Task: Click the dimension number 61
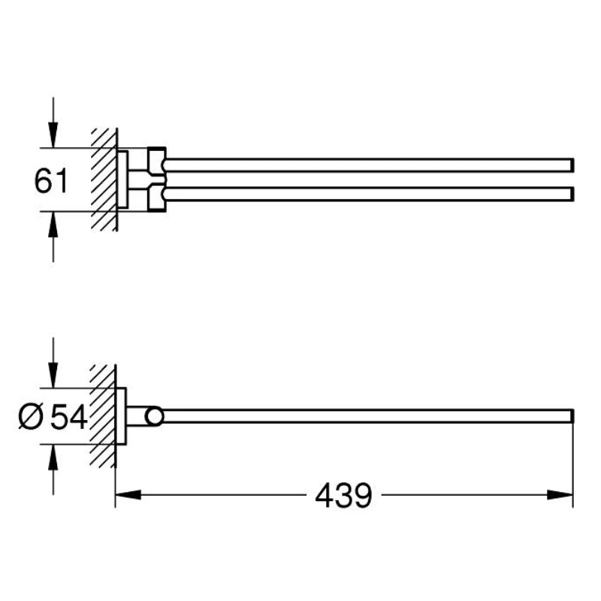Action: [x=51, y=180]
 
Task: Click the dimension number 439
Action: [x=343, y=495]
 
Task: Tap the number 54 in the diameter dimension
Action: [x=69, y=418]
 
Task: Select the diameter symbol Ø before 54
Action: [x=32, y=418]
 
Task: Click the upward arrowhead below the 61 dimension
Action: [x=53, y=224]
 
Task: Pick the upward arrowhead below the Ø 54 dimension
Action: [x=53, y=458]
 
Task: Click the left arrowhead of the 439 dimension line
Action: [x=128, y=495]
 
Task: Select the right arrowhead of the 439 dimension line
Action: [x=560, y=495]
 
